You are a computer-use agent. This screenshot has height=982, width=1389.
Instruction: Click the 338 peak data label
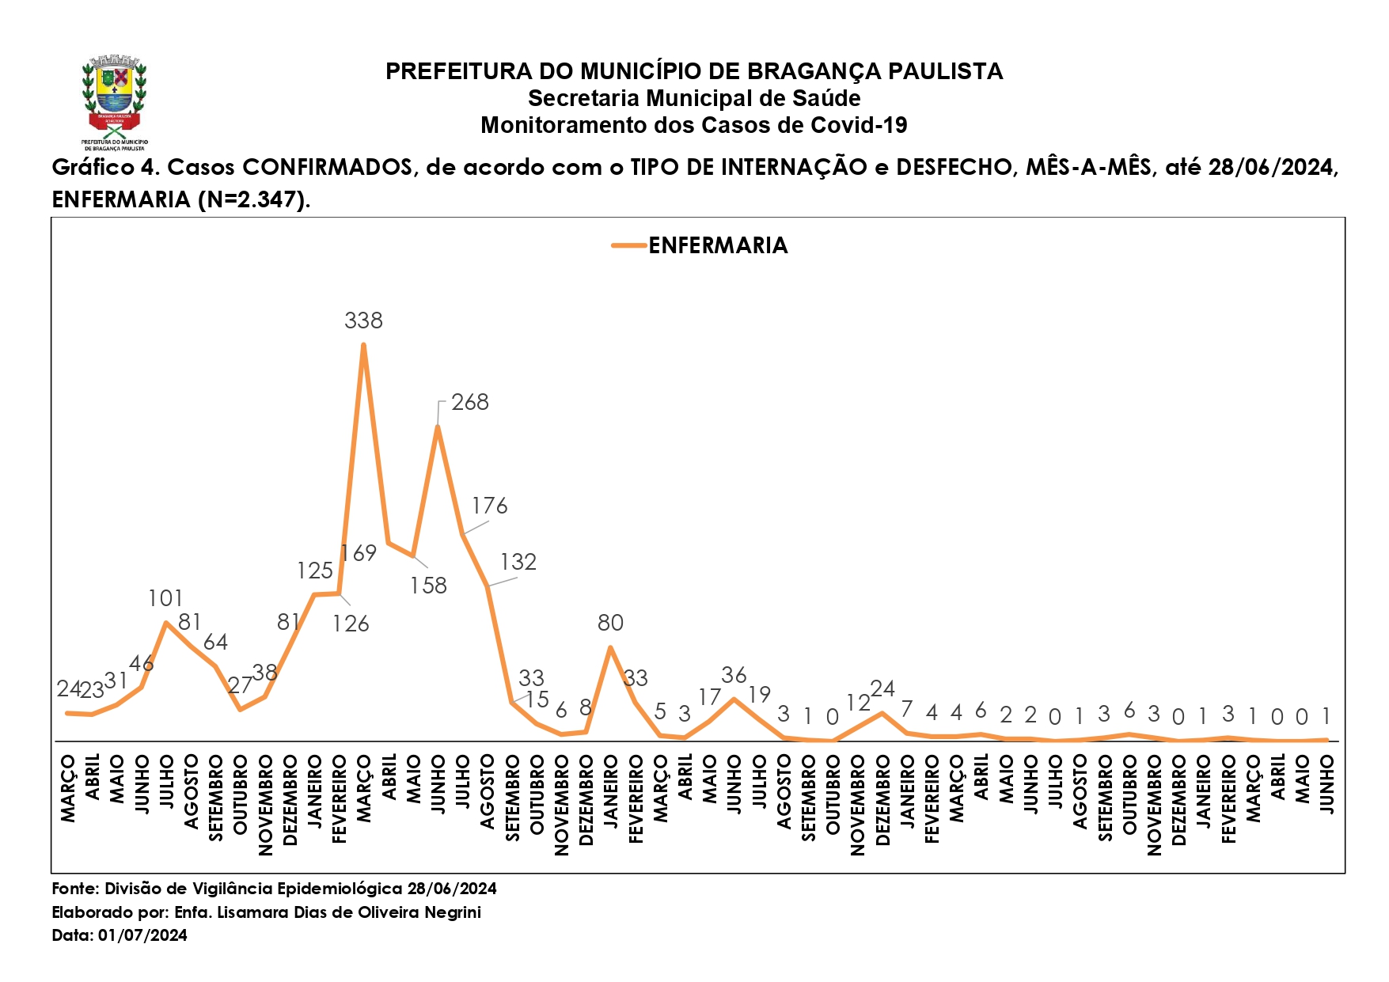(363, 320)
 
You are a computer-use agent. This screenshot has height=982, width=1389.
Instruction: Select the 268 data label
(470, 402)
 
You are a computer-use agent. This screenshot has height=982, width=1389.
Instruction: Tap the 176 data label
(490, 506)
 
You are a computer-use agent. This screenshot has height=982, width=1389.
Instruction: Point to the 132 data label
(518, 562)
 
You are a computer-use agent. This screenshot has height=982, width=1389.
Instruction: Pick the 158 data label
(428, 586)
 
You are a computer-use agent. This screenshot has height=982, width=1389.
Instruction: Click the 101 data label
(165, 598)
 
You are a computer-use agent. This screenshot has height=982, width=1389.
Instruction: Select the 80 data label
(610, 623)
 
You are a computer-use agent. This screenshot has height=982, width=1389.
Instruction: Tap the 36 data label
(734, 675)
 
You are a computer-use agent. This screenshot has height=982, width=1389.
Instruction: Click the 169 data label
(359, 553)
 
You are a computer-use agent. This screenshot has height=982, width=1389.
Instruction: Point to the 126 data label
(351, 624)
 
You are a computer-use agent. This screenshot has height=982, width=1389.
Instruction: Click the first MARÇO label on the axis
(68, 789)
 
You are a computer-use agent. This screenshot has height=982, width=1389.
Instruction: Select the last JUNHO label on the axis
(1327, 784)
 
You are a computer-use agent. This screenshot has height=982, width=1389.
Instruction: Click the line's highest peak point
(363, 344)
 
